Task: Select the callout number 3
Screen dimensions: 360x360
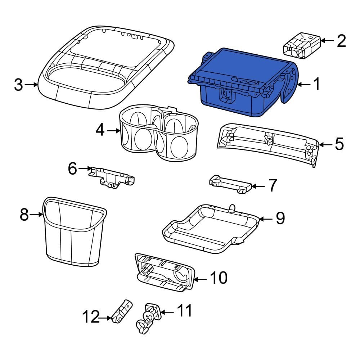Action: (x=18, y=85)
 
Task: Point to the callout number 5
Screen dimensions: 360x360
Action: (x=339, y=144)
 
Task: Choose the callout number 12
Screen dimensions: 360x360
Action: (x=90, y=318)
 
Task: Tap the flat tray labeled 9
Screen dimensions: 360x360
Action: (x=212, y=227)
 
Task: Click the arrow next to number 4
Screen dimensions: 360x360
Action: (x=114, y=131)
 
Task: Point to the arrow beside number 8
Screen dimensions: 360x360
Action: (x=37, y=215)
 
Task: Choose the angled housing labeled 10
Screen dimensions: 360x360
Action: (x=164, y=274)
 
